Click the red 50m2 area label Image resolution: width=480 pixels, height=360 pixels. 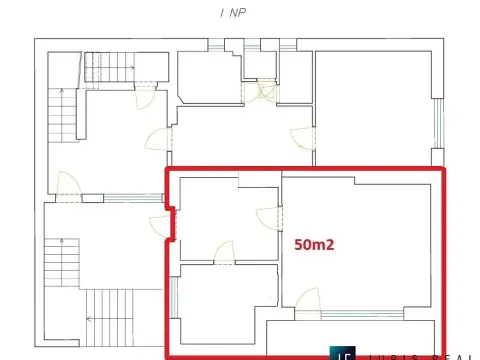pyautogui.click(x=314, y=242)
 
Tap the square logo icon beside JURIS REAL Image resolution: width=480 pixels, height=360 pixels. pyautogui.click(x=345, y=354)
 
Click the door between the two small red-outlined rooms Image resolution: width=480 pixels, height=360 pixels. pyautogui.click(x=224, y=253)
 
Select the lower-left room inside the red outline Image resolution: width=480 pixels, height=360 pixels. pyautogui.click(x=224, y=305)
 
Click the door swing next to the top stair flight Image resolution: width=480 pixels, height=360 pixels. pyautogui.click(x=146, y=98)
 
